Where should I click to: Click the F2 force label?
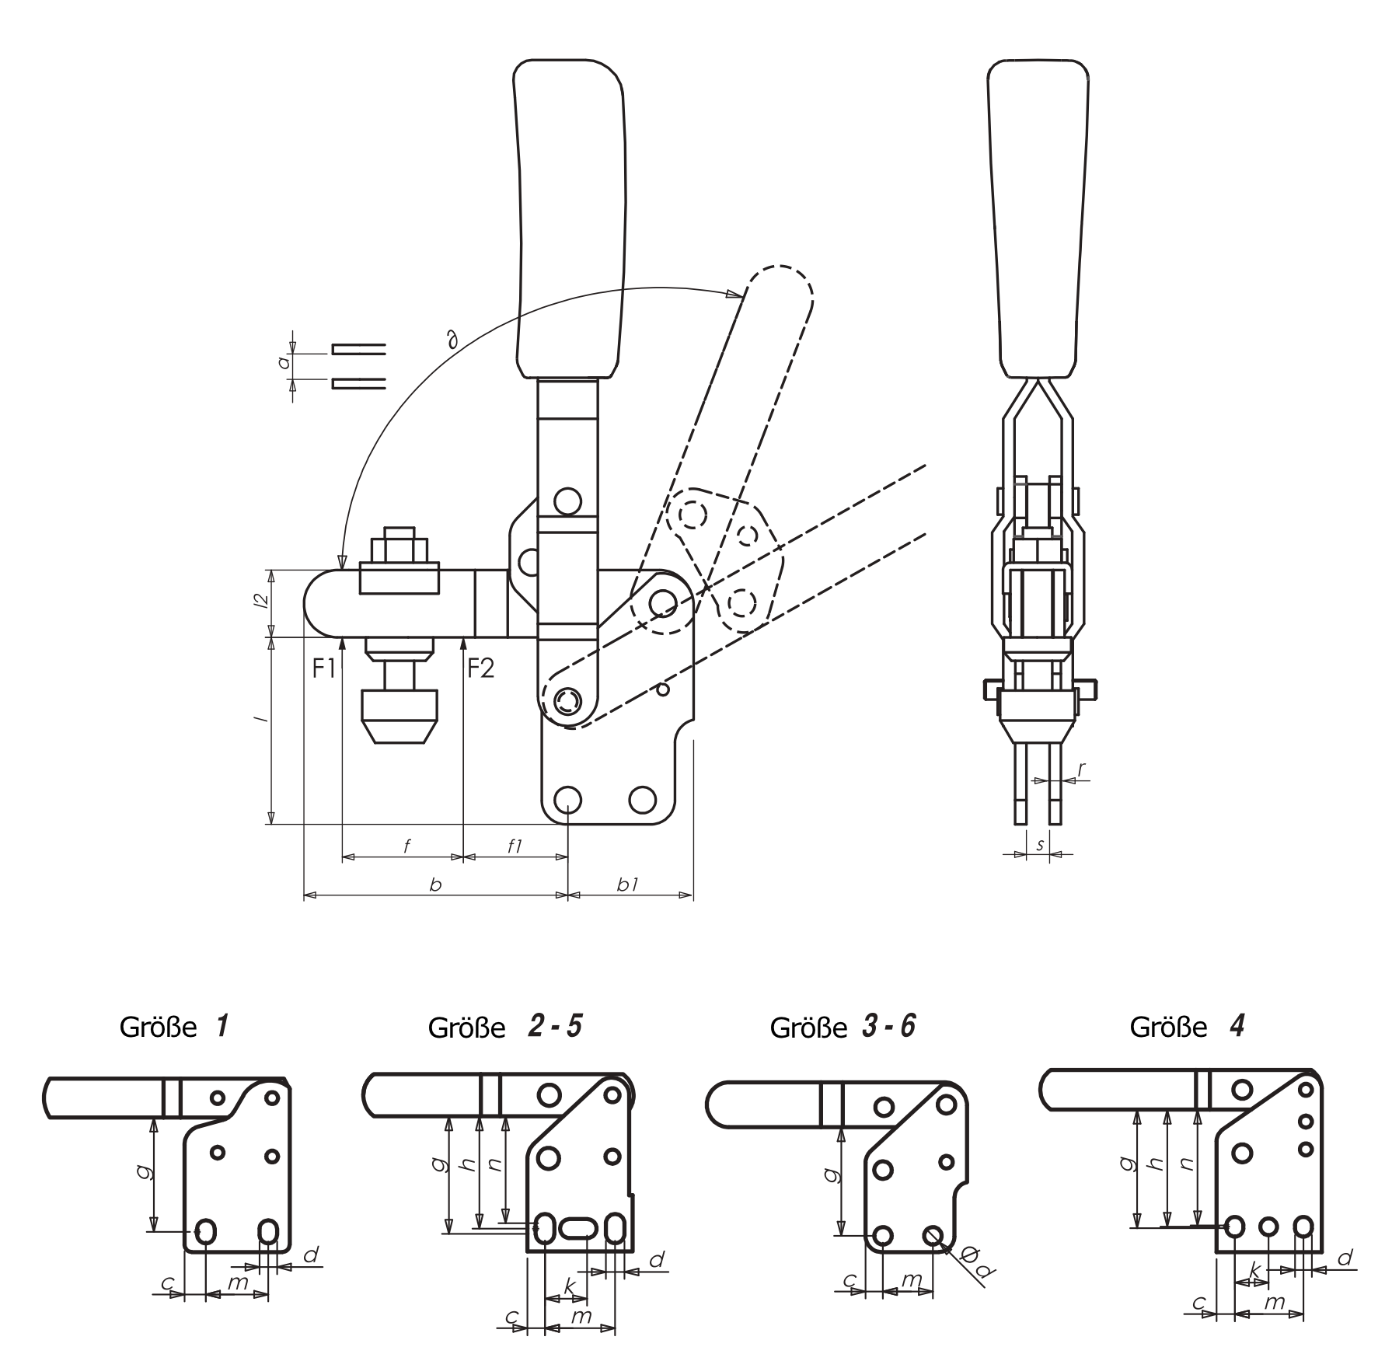point(480,668)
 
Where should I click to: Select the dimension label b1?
point(628,885)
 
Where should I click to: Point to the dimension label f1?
point(515,846)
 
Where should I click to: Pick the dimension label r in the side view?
point(1081,769)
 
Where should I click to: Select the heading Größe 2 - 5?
point(504,1028)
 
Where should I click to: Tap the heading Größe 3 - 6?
point(843,1028)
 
